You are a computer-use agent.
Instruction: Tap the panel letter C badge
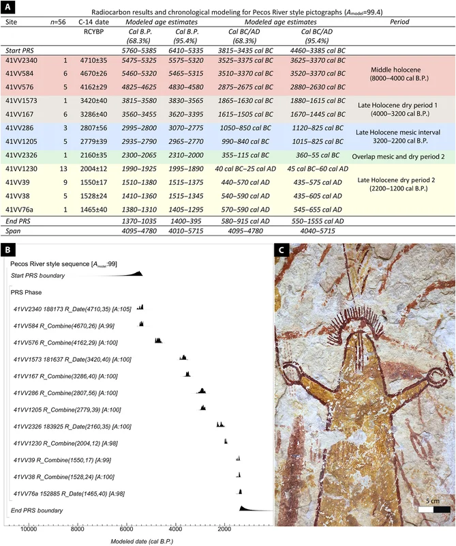coord(279,250)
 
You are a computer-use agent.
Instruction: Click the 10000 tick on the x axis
coord(29,529)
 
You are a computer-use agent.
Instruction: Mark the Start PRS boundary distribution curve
coord(133,273)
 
